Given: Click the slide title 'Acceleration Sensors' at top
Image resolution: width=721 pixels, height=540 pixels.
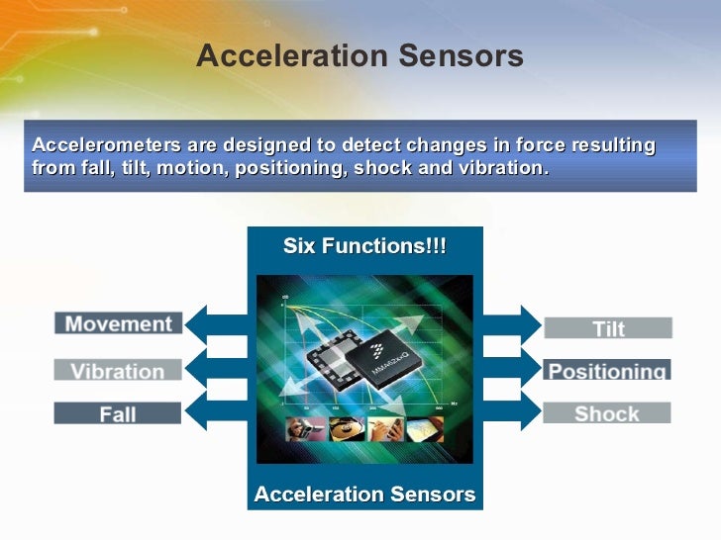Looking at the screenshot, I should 360,57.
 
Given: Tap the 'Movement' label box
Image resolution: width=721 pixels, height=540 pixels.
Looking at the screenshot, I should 118,323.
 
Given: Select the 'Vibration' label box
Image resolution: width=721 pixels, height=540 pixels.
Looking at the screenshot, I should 118,371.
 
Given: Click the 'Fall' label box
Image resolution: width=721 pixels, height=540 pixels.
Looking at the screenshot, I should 118,414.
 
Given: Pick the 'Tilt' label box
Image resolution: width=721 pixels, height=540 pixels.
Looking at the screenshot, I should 607,328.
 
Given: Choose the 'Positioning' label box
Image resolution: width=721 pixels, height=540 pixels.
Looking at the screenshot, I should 607,371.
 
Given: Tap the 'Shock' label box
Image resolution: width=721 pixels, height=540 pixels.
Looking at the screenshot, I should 607,413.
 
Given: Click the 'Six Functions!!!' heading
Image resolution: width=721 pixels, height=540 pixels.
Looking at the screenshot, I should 364,245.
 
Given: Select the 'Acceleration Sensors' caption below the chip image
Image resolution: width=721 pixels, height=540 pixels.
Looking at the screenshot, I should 364,494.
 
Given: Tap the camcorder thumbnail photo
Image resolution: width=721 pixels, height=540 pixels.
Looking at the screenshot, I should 302,429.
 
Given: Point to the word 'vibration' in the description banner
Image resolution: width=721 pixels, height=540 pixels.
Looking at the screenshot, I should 494,167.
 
